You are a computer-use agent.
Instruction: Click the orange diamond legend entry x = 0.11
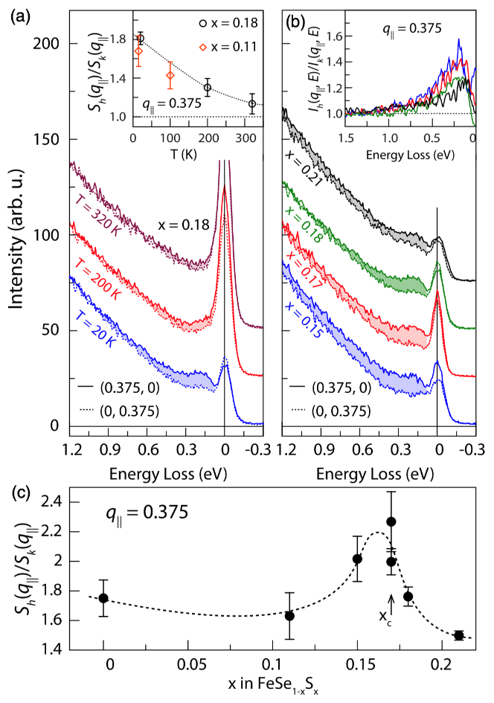coord(228,47)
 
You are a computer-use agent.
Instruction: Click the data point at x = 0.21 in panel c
coord(459,635)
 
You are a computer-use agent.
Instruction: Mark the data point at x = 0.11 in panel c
coord(289,616)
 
